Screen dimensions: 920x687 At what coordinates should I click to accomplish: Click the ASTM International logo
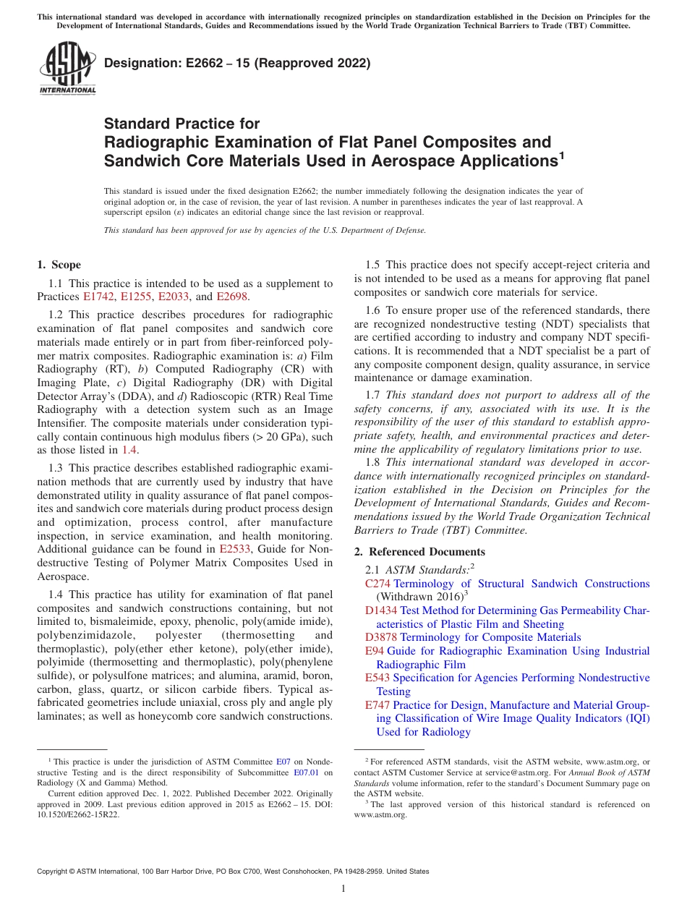(x=67, y=70)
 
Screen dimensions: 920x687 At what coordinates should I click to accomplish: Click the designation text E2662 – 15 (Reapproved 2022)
(x=237, y=63)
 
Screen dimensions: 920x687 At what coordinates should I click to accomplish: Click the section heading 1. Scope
(x=59, y=265)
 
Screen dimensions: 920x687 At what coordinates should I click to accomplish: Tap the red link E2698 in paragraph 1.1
(x=231, y=297)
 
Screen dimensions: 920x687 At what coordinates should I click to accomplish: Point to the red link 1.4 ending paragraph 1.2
(x=129, y=449)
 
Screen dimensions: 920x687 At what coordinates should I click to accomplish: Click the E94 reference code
(x=375, y=651)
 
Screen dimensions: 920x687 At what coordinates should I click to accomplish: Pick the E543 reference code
(x=377, y=678)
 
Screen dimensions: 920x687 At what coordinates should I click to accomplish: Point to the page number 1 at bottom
(x=343, y=889)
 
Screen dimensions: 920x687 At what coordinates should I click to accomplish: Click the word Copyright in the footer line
(x=54, y=872)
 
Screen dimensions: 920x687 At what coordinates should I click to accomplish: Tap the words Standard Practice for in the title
(x=182, y=124)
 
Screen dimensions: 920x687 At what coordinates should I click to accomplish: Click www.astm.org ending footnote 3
(x=380, y=814)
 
